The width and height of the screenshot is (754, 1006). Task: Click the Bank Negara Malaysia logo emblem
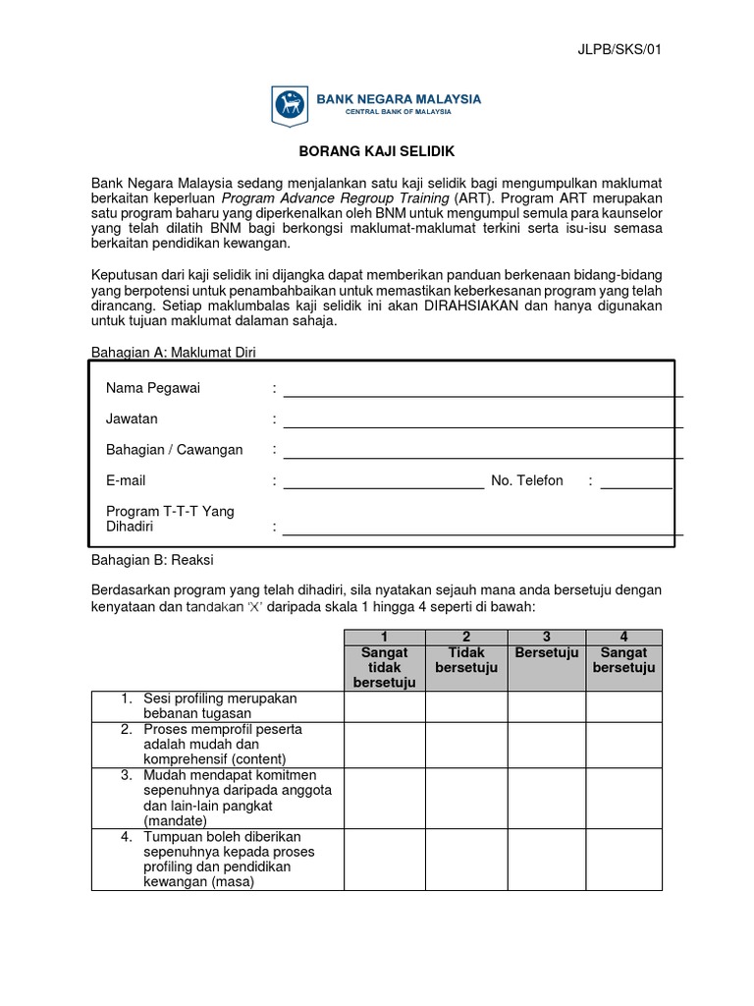pos(289,102)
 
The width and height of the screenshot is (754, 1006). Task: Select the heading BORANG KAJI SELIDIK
pos(376,152)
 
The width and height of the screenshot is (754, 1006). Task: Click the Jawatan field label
pos(132,419)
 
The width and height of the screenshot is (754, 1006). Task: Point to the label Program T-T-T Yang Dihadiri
pos(170,519)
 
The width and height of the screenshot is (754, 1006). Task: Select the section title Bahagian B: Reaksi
pos(152,560)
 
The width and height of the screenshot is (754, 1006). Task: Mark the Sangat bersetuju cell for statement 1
pos(624,705)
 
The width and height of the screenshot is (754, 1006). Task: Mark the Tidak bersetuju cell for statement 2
pos(466,744)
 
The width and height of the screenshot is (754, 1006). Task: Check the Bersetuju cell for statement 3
pos(547,797)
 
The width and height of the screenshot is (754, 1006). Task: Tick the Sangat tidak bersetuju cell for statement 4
pos(385,859)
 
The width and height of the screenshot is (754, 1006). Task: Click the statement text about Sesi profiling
pos(219,705)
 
